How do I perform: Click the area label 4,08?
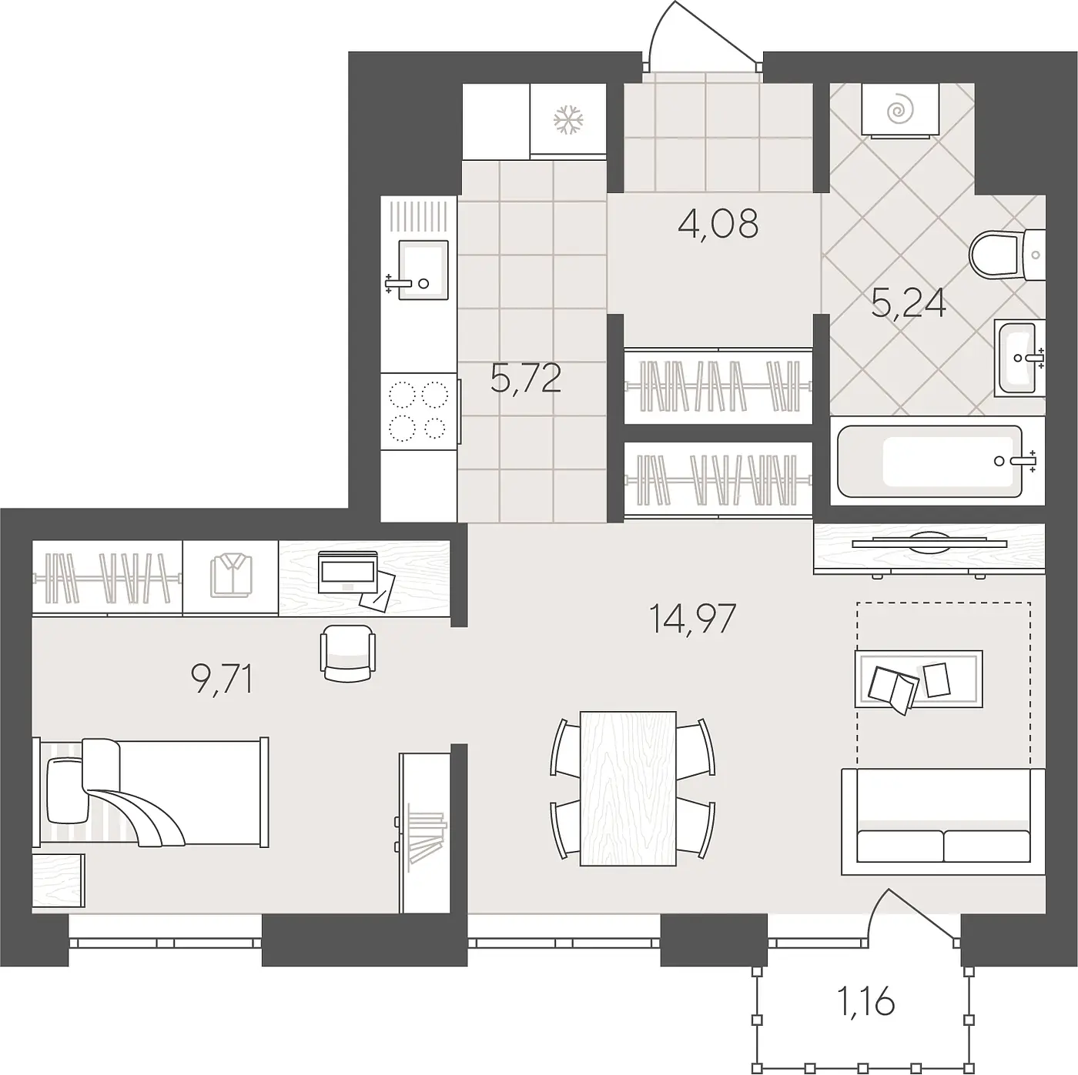coord(718,223)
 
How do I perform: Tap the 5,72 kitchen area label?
coord(526,378)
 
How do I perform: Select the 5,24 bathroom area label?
coord(909,304)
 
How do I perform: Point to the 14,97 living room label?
coord(692,618)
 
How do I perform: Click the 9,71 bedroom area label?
coord(222,679)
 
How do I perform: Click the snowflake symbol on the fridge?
coord(567,119)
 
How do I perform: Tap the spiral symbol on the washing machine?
coord(900,110)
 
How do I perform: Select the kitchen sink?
coord(423,269)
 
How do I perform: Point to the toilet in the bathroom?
coord(1007,255)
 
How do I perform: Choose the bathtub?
coord(938,462)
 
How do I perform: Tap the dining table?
coord(628,789)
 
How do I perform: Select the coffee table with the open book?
coord(919,679)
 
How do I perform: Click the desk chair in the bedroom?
coord(347,653)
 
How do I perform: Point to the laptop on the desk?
coord(347,572)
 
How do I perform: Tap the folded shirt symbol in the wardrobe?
coord(231,576)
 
